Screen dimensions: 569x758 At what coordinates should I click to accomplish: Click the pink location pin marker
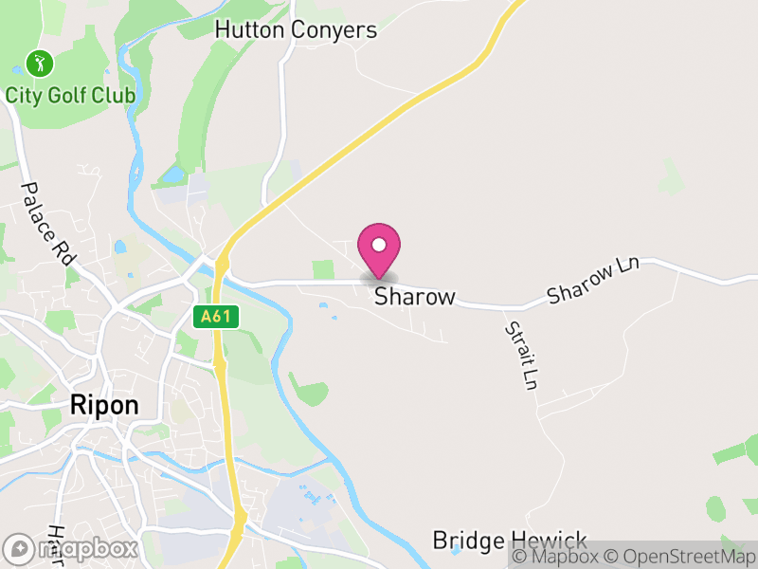pyautogui.click(x=379, y=248)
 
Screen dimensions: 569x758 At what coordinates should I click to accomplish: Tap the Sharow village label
pyautogui.click(x=415, y=297)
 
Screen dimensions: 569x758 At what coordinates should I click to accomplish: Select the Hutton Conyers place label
pyautogui.click(x=296, y=30)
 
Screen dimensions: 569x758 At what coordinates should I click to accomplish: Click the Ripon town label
pyautogui.click(x=104, y=406)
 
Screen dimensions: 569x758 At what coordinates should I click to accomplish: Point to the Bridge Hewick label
pyautogui.click(x=510, y=541)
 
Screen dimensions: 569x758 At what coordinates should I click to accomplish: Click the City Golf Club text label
pyautogui.click(x=70, y=96)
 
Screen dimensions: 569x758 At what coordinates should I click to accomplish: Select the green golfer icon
pyautogui.click(x=39, y=64)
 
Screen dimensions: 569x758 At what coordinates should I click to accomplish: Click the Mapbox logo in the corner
pyautogui.click(x=70, y=548)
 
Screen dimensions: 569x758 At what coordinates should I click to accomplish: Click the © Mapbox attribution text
pyautogui.click(x=554, y=557)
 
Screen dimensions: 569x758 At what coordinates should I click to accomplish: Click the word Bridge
pyautogui.click(x=468, y=541)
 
